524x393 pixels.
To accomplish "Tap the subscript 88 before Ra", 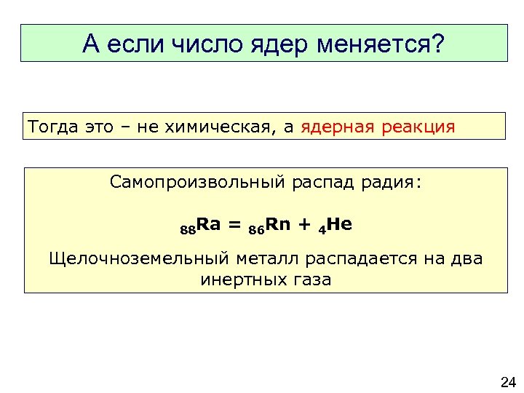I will click(x=188, y=230).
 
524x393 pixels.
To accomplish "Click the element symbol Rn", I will click(x=277, y=224).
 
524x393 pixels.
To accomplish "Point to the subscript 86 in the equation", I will click(x=255, y=230).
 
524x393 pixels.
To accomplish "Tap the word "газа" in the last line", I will click(x=310, y=279).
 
